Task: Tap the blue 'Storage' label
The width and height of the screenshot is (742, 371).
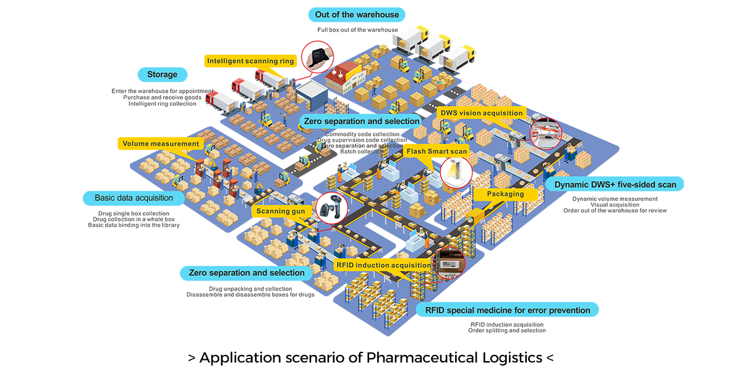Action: click(162, 75)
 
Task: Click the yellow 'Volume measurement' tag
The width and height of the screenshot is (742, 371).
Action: click(161, 143)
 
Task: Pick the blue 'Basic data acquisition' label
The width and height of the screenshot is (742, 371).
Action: click(134, 198)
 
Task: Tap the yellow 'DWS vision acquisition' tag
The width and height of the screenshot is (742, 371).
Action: click(482, 113)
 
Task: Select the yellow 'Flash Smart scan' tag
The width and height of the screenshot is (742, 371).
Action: click(437, 151)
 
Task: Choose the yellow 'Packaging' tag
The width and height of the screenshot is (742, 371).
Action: click(505, 194)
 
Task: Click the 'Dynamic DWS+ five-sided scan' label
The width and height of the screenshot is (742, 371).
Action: click(615, 184)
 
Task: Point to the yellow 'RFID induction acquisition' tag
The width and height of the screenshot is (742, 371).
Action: click(383, 265)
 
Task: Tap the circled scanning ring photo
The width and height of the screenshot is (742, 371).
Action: click(317, 57)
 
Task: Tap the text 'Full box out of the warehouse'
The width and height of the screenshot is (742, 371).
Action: click(357, 30)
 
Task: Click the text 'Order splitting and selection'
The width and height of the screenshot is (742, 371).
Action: click(508, 331)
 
